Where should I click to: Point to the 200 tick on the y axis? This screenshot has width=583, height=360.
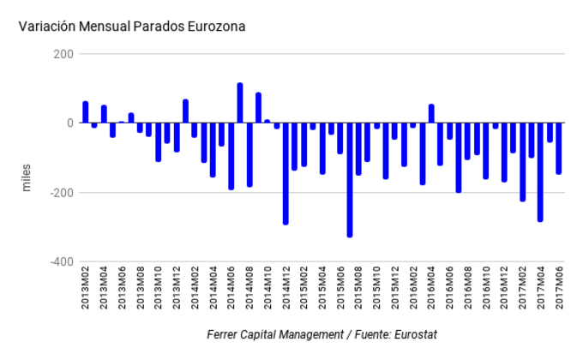[x=63, y=54]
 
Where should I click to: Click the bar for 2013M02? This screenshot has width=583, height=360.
[x=86, y=112]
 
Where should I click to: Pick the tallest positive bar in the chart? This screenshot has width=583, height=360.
[x=240, y=103]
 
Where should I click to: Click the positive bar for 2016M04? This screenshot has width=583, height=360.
[x=431, y=114]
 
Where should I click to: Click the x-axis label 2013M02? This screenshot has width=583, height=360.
[x=86, y=297]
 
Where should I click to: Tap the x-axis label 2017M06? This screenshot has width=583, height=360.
[x=558, y=297]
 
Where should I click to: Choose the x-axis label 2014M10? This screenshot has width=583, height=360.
[x=267, y=297]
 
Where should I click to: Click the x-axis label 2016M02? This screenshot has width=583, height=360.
[x=413, y=297]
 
